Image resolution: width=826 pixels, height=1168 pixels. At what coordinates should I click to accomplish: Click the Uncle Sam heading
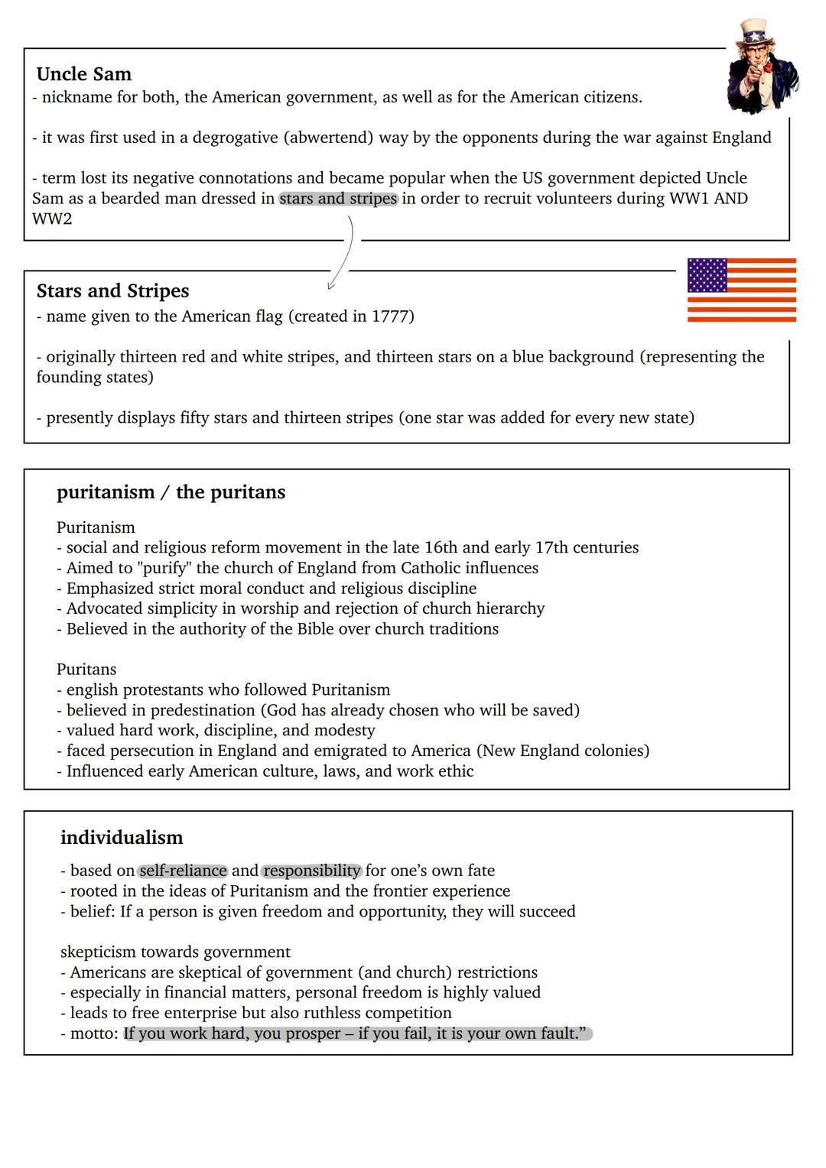[84, 74]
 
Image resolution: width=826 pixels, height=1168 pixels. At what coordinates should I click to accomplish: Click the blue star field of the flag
[707, 275]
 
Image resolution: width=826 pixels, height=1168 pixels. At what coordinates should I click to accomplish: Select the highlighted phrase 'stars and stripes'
[338, 199]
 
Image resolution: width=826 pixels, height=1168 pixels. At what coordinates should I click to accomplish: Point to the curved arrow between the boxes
[346, 252]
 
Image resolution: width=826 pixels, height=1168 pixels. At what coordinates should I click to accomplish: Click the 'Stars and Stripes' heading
[112, 291]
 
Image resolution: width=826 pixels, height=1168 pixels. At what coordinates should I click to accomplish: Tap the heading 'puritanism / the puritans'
[171, 492]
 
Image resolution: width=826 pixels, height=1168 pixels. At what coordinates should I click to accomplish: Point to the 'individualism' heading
[122, 838]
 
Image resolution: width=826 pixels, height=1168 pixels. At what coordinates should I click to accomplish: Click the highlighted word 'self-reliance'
[183, 871]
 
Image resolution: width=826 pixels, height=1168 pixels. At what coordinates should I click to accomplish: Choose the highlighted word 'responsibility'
[311, 871]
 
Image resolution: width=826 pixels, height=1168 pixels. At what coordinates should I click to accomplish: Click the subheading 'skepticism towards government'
[175, 952]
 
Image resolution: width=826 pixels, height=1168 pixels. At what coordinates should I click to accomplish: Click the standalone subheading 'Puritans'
[86, 670]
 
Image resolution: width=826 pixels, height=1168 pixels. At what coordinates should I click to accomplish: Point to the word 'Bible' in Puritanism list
[316, 629]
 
